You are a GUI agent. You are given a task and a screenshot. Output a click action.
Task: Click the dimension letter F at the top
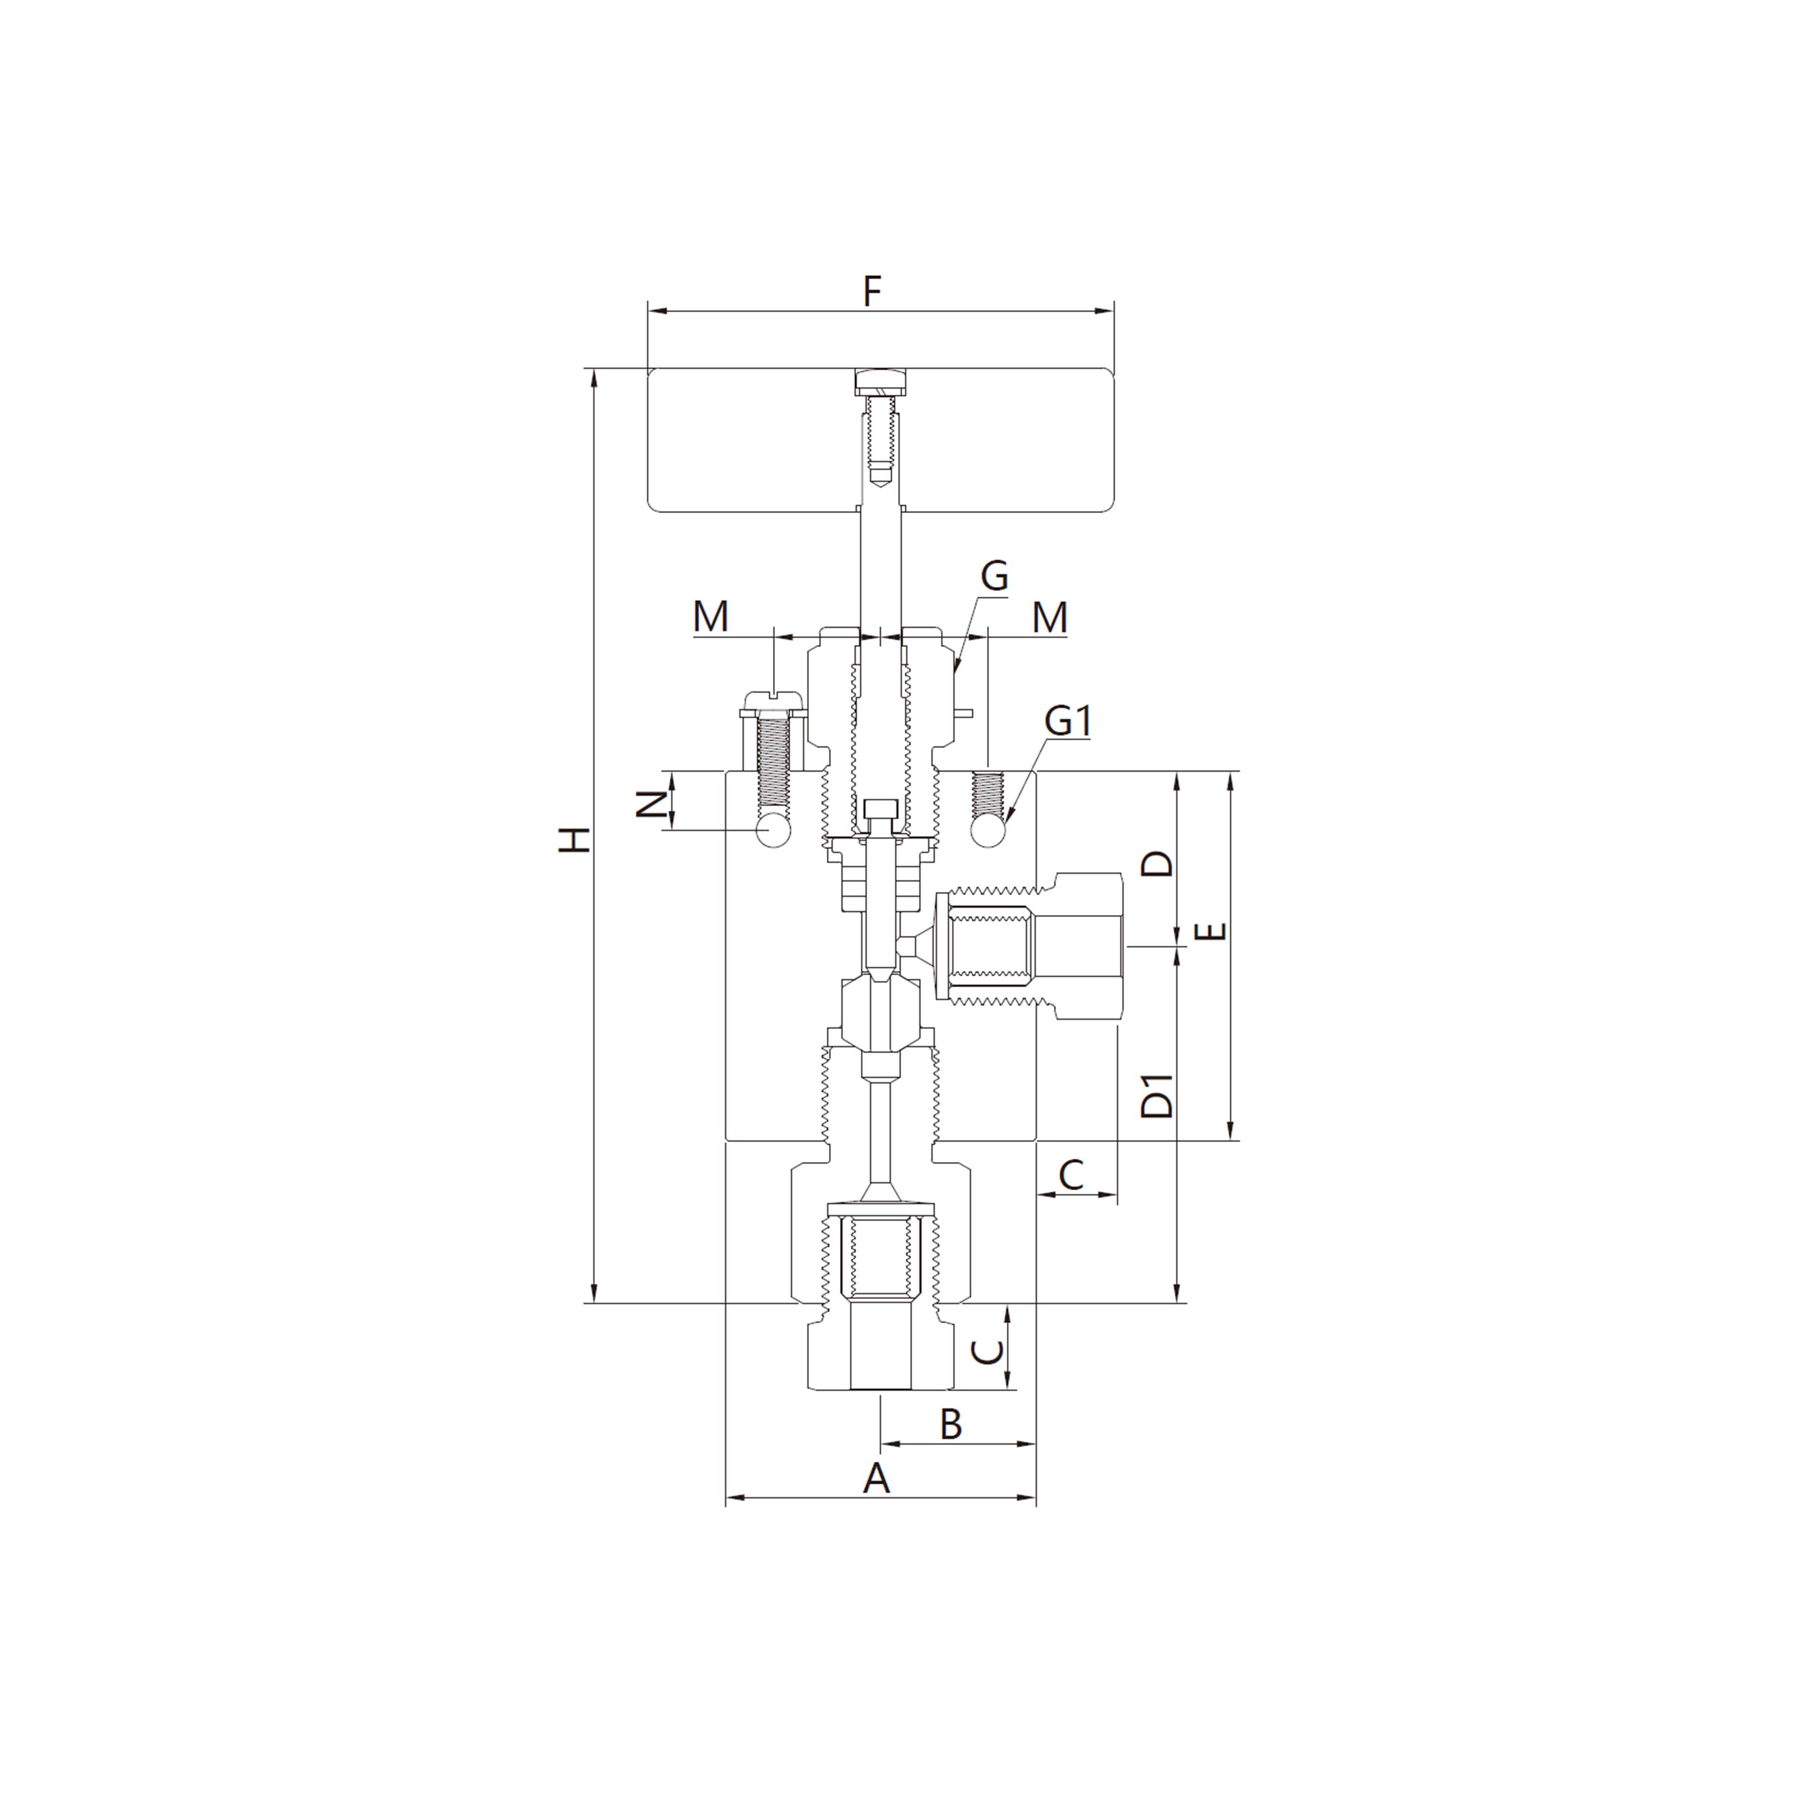pos(872,291)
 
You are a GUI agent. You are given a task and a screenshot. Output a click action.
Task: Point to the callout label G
pos(994,576)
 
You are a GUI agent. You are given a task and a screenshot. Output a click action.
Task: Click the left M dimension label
pos(711,617)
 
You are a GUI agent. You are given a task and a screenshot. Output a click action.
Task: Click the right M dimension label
pos(1050,618)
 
